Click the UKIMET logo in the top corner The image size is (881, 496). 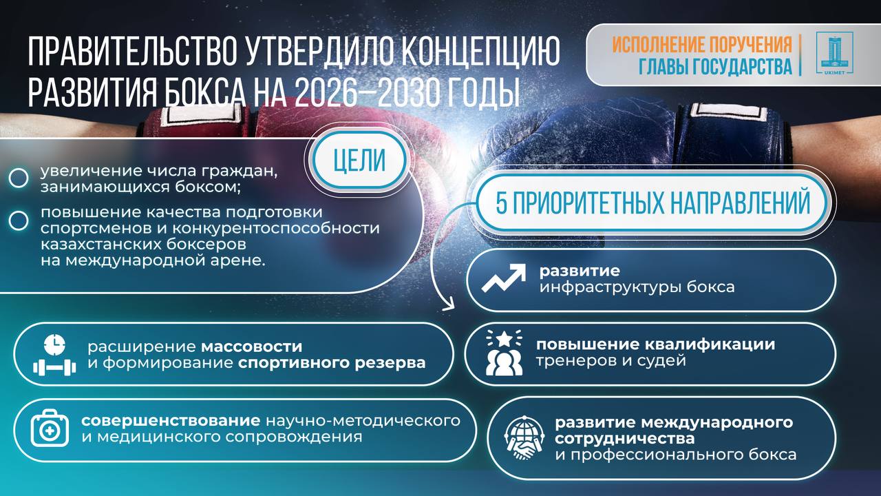(834, 53)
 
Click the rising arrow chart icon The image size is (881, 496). (504, 278)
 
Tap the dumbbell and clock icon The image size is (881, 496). (54, 354)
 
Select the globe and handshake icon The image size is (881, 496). (524, 440)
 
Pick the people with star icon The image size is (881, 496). (504, 353)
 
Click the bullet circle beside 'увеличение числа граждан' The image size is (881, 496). (19, 178)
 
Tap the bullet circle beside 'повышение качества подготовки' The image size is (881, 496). (19, 220)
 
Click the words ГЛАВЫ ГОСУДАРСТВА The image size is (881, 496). (715, 66)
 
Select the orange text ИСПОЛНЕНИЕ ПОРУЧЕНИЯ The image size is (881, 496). (702, 45)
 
